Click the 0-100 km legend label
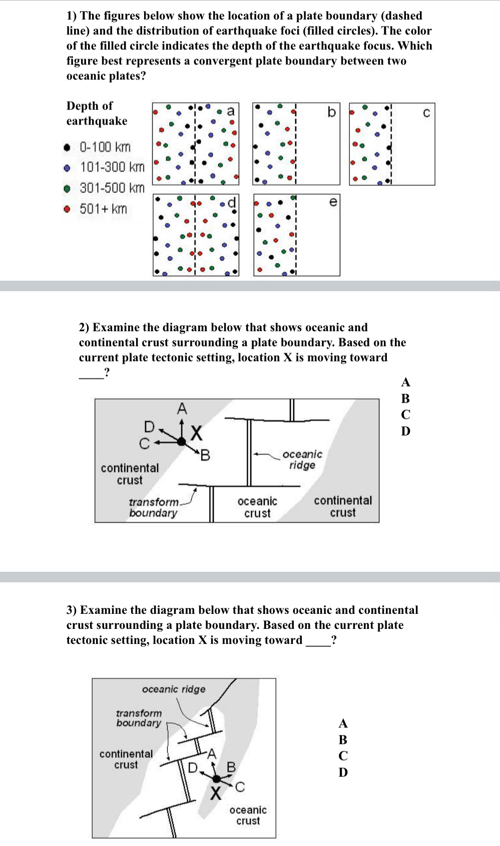pos(105,147)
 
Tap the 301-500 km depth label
pos(112,188)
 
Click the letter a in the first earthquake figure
pos(230,111)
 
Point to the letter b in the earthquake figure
pos(331,112)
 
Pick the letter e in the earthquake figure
pos(333,202)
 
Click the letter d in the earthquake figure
pos(231,203)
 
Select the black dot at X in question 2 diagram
pos(181,441)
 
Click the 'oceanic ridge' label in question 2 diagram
pos(302,459)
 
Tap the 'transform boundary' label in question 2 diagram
pos(154,507)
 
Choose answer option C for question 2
pos(405,415)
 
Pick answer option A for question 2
pos(405,382)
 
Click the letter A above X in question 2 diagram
pos(182,409)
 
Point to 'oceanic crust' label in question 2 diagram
pos(257,507)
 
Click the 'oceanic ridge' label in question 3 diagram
pos(174,689)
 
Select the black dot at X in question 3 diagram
pos(217,778)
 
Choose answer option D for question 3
pos(343,772)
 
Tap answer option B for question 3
pos(343,739)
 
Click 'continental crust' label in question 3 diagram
pos(126,759)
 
